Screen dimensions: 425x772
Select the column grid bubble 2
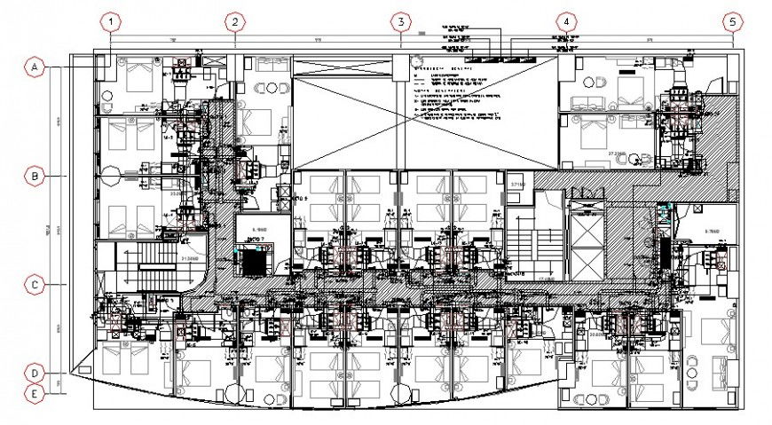pos(233,21)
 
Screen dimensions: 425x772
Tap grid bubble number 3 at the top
pos(400,21)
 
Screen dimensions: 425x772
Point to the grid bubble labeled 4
pos(566,21)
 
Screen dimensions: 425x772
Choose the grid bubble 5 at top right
pos(731,21)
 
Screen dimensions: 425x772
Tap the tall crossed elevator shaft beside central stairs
pos(587,240)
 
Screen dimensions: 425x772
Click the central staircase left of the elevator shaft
pos(534,240)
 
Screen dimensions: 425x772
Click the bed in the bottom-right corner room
pos(715,332)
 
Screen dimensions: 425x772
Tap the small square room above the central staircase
pos(518,187)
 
